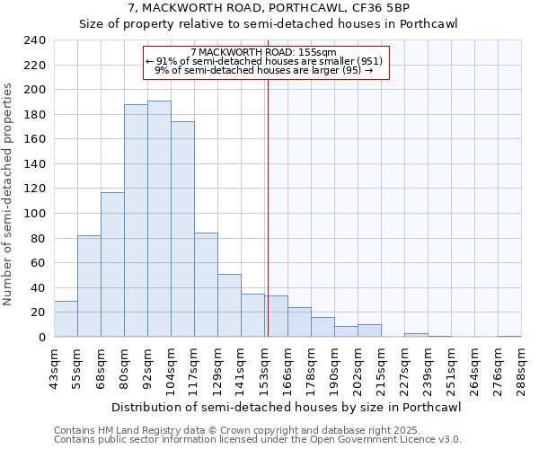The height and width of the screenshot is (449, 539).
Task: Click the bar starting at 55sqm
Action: coord(89,286)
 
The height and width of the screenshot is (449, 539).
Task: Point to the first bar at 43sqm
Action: coord(66,319)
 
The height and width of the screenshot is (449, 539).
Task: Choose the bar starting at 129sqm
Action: coord(229,305)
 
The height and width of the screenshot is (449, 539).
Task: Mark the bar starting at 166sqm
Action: coord(299,322)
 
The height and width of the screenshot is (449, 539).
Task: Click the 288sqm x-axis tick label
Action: coord(522,370)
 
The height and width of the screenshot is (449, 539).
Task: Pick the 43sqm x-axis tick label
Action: coord(55,370)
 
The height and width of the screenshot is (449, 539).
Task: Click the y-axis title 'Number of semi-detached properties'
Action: coord(9,194)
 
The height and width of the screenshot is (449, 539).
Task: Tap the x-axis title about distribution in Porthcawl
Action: coord(287,408)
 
